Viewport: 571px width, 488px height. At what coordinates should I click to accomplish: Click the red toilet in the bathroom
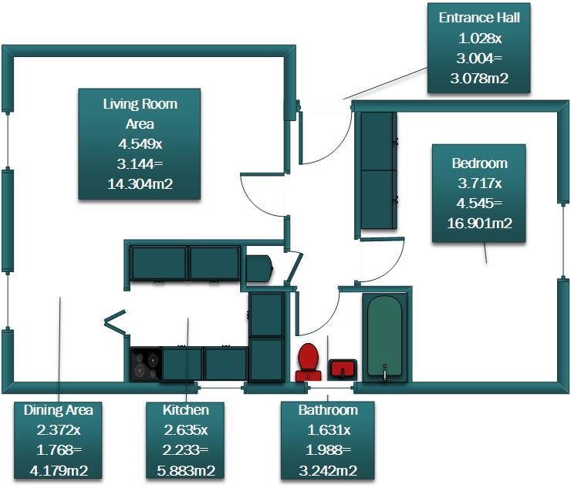309,362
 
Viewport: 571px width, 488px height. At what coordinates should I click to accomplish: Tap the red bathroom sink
343,369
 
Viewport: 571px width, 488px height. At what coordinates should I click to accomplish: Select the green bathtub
385,336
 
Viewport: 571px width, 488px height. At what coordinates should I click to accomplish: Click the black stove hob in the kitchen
147,364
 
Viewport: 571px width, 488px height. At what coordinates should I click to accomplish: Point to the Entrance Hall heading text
479,18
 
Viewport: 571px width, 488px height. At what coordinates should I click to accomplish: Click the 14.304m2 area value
140,184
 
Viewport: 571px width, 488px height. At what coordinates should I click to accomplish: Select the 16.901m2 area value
479,223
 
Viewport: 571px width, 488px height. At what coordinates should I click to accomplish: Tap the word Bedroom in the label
479,163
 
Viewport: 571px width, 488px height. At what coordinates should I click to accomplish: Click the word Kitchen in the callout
186,410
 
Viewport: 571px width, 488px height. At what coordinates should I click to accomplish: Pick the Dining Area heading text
59,410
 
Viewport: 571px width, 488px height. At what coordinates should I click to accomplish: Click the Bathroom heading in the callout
328,410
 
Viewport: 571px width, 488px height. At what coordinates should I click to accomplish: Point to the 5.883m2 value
186,471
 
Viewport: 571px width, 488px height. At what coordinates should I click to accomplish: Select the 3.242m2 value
328,471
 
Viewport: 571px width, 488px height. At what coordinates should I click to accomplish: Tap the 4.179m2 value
59,471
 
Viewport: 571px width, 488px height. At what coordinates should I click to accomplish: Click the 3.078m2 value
479,78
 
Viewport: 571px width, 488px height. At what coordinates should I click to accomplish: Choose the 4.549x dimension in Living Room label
140,144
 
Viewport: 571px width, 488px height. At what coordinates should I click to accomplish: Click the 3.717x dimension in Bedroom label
479,183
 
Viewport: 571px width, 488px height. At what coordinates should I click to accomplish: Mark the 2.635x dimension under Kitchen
186,430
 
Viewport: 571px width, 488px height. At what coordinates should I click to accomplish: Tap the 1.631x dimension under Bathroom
328,430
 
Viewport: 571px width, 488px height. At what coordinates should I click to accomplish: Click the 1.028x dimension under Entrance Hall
479,39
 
